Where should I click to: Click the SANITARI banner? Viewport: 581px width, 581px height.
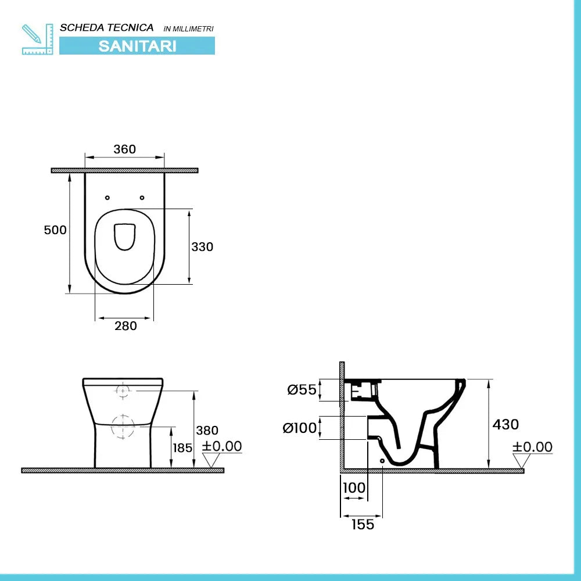click(x=137, y=46)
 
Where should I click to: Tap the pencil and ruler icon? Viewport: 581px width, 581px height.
click(x=37, y=40)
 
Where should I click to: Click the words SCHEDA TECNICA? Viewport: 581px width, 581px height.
click(x=107, y=27)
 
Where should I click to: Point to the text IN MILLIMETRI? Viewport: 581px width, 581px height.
click(x=189, y=28)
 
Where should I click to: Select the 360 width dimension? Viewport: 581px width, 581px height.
click(x=124, y=149)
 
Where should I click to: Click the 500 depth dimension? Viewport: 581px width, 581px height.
click(x=55, y=230)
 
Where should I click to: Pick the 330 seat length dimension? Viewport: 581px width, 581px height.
click(x=202, y=247)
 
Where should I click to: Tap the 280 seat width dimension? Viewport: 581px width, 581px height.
click(x=125, y=326)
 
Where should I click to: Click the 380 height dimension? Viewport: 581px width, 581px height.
click(x=207, y=431)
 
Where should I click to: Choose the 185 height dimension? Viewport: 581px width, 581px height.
click(x=182, y=448)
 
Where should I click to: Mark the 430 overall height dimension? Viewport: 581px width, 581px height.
click(x=505, y=425)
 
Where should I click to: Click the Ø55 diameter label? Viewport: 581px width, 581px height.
click(x=302, y=390)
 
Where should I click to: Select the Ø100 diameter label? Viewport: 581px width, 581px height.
click(x=300, y=429)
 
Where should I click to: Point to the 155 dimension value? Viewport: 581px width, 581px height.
click(x=363, y=525)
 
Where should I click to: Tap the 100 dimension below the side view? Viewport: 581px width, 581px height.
click(x=354, y=487)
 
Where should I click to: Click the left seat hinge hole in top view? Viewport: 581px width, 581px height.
click(x=107, y=198)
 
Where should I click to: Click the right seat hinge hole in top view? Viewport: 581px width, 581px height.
click(x=142, y=198)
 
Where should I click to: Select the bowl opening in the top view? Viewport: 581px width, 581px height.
click(x=124, y=236)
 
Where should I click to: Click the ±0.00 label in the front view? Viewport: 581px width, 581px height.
click(x=222, y=447)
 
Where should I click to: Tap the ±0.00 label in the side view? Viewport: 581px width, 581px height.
click(x=533, y=447)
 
